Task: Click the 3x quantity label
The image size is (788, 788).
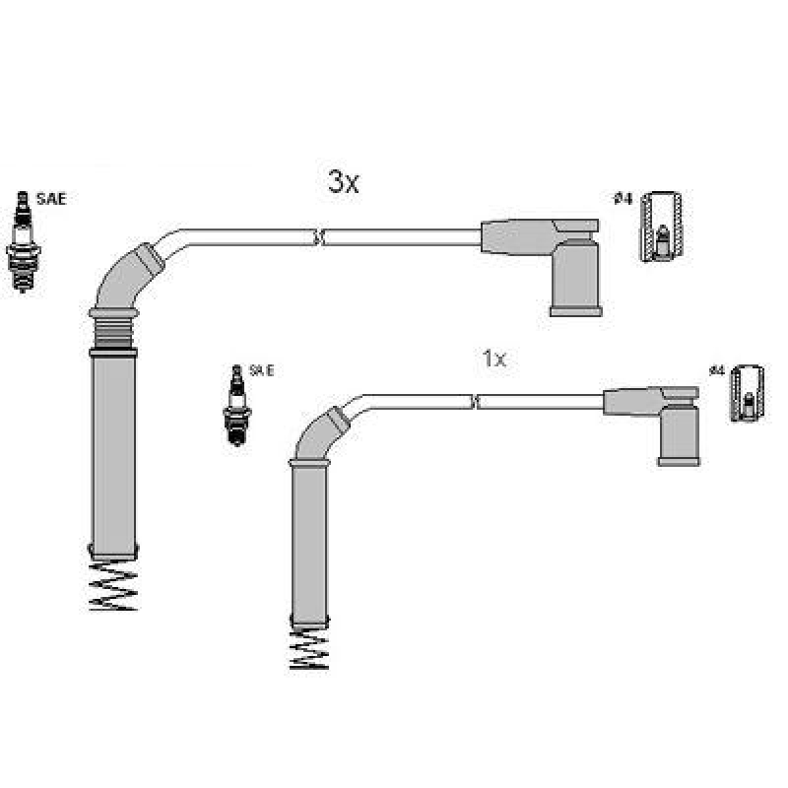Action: click(x=344, y=182)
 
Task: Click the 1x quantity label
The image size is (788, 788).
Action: click(x=493, y=360)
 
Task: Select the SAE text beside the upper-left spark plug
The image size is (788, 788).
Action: click(x=51, y=199)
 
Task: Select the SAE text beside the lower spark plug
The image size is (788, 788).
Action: click(x=261, y=371)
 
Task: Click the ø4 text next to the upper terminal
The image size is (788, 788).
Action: click(x=622, y=199)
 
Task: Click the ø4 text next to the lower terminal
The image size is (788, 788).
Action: click(x=716, y=371)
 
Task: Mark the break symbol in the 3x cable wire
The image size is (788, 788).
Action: click(x=317, y=236)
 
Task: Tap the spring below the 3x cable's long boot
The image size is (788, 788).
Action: click(x=112, y=588)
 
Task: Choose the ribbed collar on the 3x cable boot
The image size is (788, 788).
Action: click(x=112, y=330)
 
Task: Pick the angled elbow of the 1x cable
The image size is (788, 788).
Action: click(x=320, y=433)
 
